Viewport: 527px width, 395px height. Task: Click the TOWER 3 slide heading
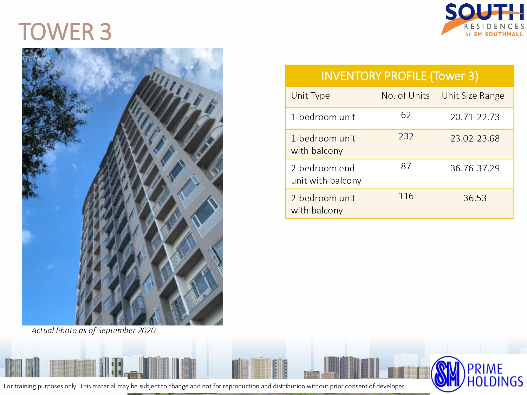coord(65,31)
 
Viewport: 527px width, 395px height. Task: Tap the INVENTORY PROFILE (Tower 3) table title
coord(399,76)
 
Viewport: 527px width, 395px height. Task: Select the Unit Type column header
coord(310,96)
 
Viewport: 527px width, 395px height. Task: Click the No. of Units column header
coord(405,96)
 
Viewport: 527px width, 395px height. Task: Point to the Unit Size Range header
coord(473,96)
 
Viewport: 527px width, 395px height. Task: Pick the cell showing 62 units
coord(406,115)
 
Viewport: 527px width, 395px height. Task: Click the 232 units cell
coord(406,136)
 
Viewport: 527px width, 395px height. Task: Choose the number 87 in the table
coord(406,166)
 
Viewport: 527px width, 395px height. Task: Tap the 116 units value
coord(406,196)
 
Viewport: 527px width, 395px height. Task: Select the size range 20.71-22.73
coord(475,117)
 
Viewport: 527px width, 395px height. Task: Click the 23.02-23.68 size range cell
coord(475,138)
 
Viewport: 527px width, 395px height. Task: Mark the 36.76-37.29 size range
coord(475,168)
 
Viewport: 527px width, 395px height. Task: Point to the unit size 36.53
coord(475,198)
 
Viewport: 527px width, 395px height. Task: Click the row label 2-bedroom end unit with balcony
coord(326,175)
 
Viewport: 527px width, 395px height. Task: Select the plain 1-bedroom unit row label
coord(323,117)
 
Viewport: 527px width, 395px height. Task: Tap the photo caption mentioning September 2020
coord(93,330)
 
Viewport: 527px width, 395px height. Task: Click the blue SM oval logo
coord(448,374)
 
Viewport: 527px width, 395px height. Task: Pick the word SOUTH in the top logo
coord(484,12)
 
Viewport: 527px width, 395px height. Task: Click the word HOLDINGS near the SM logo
coord(495,381)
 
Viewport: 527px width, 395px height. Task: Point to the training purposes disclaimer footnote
coord(204,386)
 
